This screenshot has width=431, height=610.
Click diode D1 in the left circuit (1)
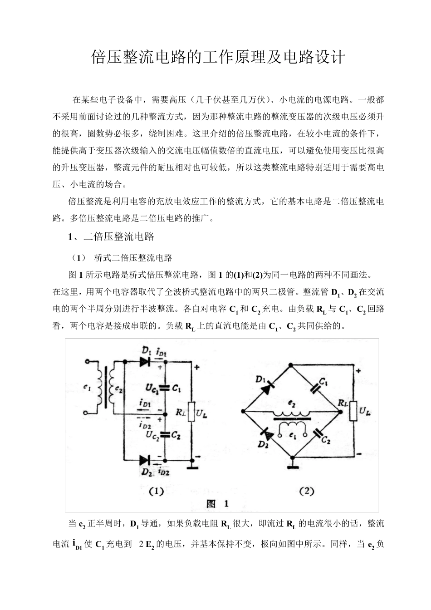(x=145, y=362)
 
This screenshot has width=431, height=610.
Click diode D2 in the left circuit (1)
(x=145, y=460)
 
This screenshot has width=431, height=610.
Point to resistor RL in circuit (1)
(x=191, y=412)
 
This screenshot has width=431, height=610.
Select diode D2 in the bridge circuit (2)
(x=269, y=435)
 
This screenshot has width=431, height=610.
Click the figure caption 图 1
(x=217, y=503)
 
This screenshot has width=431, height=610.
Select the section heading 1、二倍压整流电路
(x=111, y=236)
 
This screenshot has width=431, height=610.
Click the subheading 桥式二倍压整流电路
(x=133, y=258)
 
